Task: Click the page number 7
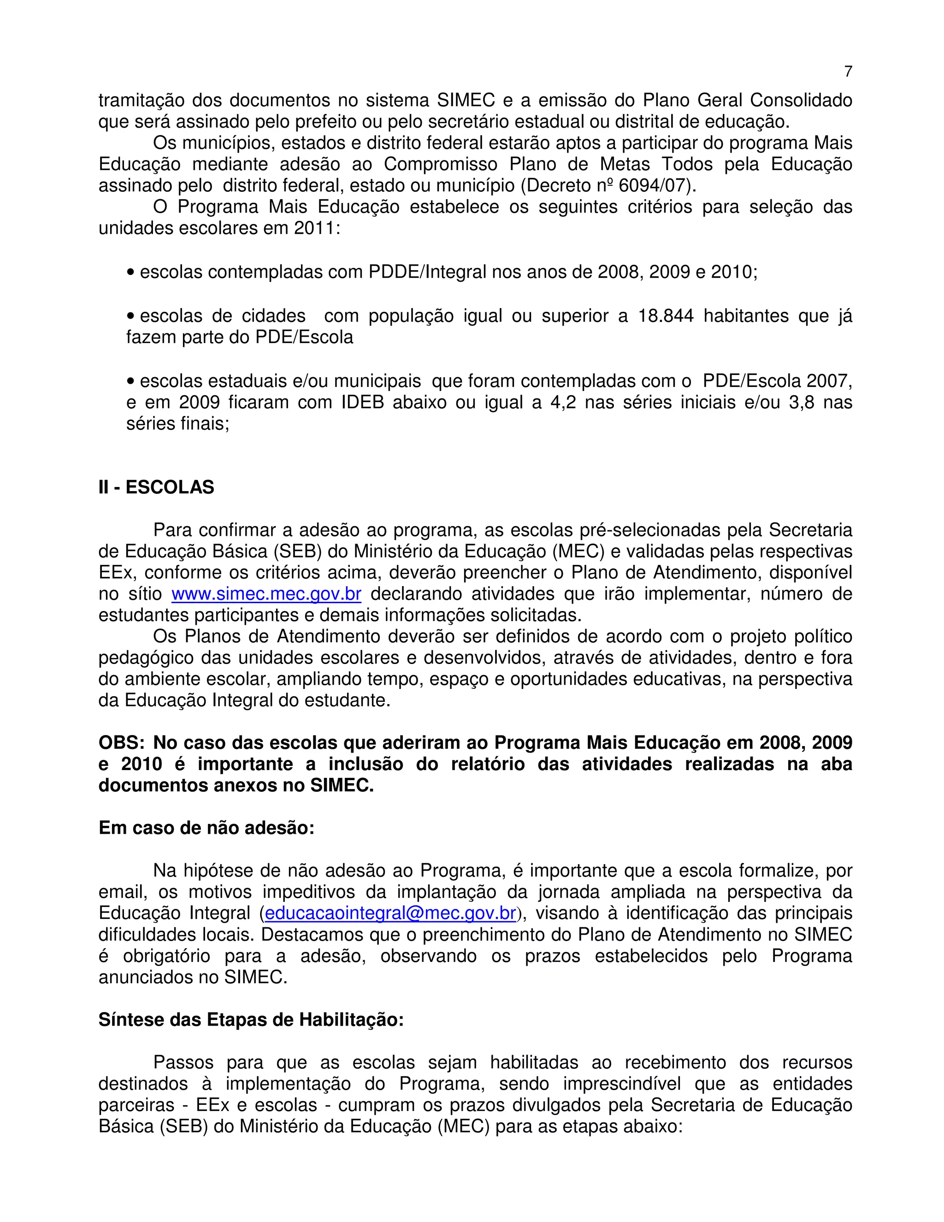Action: click(848, 71)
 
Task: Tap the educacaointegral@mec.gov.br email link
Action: click(390, 913)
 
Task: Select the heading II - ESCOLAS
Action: click(156, 487)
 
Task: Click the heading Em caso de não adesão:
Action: click(206, 828)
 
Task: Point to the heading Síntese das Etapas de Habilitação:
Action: click(251, 1020)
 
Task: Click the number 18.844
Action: click(666, 316)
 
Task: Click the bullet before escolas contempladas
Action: click(131, 273)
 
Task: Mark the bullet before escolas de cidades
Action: click(131, 316)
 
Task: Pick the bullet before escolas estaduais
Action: click(131, 381)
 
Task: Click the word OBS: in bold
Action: click(121, 743)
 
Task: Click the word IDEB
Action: click(362, 402)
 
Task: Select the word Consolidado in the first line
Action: click(800, 101)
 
